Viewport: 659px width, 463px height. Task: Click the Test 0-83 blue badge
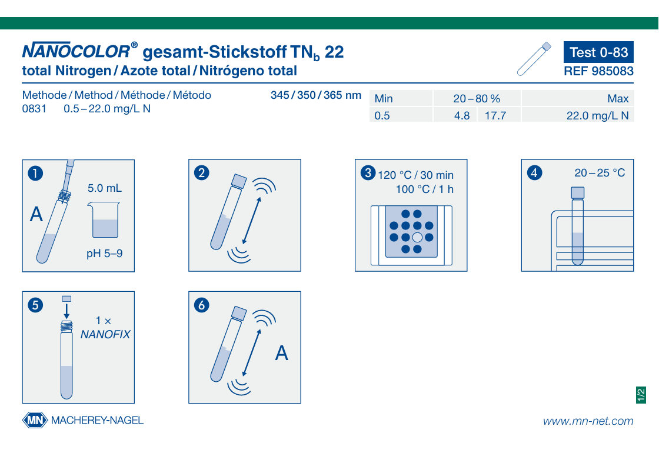(598, 52)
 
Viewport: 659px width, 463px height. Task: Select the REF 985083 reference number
(598, 71)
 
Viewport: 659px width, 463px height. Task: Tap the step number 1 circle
(35, 173)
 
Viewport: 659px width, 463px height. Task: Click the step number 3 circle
(368, 173)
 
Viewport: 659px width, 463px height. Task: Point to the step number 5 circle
(35, 305)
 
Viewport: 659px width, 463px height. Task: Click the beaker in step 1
(104, 220)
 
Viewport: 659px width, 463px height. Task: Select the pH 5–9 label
(105, 254)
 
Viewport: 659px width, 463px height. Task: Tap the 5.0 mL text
(105, 188)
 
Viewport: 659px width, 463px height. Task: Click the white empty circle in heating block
(417, 237)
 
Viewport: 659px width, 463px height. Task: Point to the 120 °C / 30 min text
(415, 175)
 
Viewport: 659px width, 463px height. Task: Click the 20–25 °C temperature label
(600, 173)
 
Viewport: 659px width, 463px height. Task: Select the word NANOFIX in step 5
(105, 334)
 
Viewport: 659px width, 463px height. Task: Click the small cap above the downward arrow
(66, 299)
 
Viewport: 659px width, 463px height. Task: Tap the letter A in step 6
(282, 353)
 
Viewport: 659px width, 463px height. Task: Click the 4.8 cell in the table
(462, 115)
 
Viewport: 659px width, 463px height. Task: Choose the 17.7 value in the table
(495, 115)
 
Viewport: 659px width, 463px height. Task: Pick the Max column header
(618, 99)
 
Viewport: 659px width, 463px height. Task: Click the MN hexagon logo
(35, 419)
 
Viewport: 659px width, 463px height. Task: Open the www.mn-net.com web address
(588, 421)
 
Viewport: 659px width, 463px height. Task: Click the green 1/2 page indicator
(641, 395)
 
